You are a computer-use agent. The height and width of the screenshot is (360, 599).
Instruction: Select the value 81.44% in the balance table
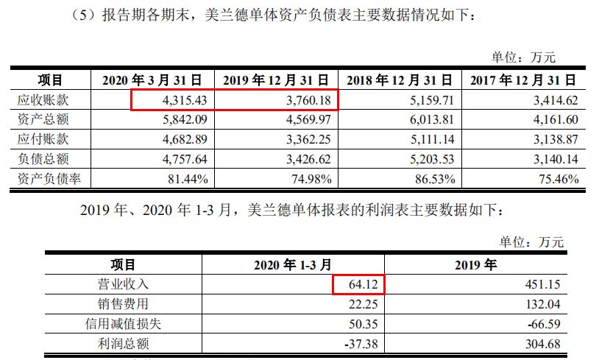(188, 178)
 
